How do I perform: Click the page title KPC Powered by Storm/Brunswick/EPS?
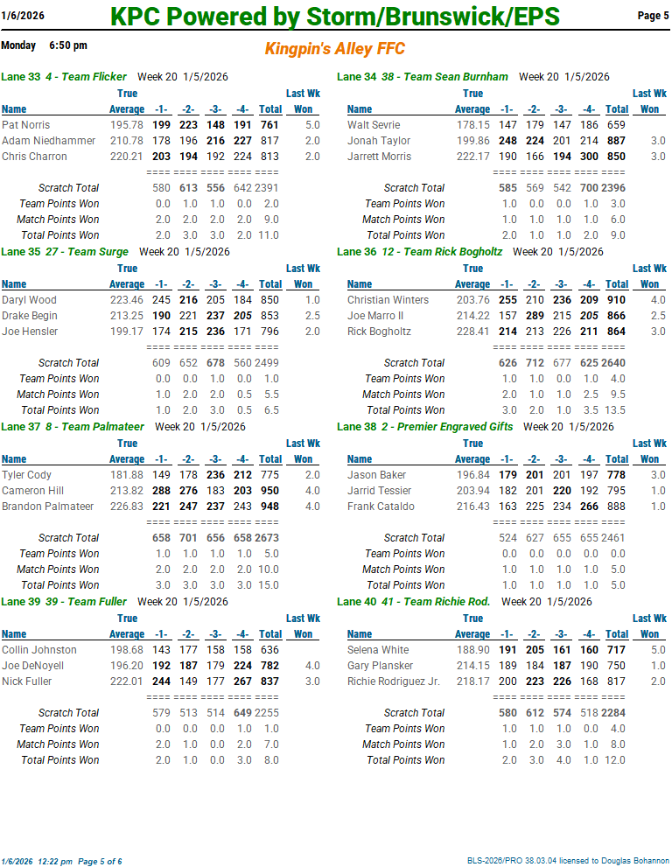coord(335,17)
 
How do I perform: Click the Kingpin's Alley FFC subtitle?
coord(335,49)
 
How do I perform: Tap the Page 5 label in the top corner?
coord(653,16)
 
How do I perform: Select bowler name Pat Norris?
coord(26,125)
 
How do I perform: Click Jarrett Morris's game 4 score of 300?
coord(591,157)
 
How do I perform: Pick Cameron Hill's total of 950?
coord(269,491)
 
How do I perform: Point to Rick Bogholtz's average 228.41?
coord(472,332)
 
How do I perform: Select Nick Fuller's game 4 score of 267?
coord(242,682)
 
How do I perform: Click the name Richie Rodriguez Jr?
coord(394,682)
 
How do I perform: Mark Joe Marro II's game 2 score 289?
coord(535,316)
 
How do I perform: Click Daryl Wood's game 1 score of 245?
coord(161,300)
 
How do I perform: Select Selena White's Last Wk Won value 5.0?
coord(658,650)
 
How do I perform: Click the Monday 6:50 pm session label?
coord(44,45)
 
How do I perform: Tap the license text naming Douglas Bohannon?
coord(568,862)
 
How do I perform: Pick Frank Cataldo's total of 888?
coord(616,507)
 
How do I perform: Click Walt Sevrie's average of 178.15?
coord(472,125)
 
